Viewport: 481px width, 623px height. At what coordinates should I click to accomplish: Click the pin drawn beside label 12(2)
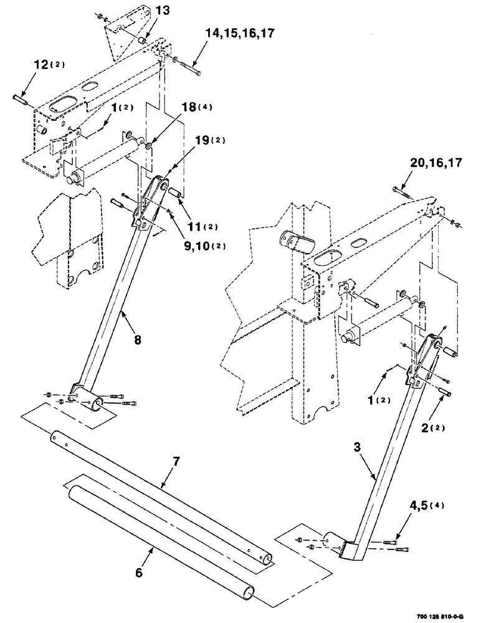click(21, 98)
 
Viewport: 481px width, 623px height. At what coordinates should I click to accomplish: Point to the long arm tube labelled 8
click(112, 293)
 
